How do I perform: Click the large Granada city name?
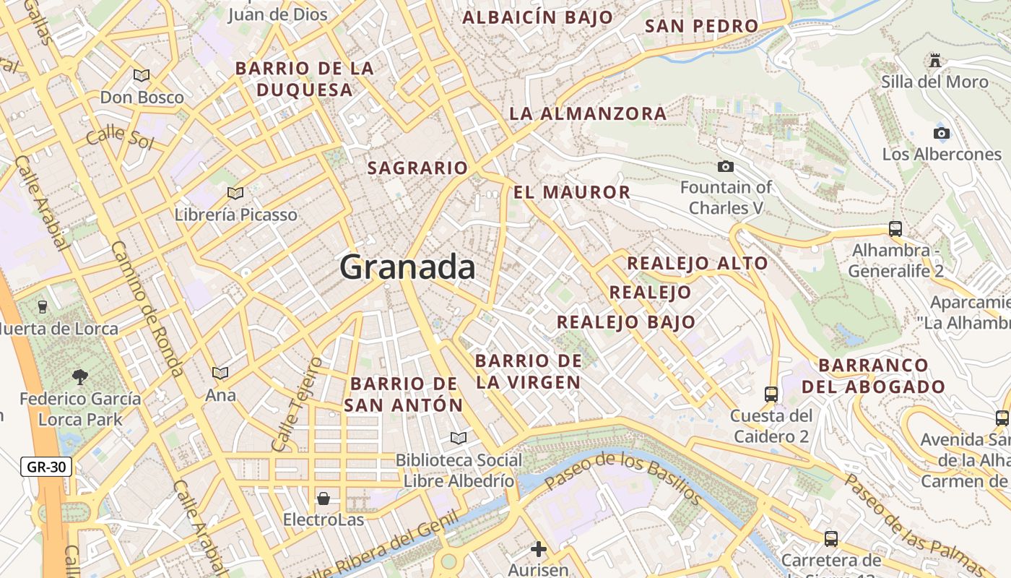click(407, 267)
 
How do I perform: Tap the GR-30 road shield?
click(46, 467)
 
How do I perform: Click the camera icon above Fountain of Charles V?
click(726, 167)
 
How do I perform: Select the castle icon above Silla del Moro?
click(935, 60)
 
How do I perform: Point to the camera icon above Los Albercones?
click(941, 133)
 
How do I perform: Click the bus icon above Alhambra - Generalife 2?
click(895, 229)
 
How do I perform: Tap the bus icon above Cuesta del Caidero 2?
click(771, 394)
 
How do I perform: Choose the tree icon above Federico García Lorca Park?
click(79, 376)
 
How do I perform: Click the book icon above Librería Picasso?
click(235, 193)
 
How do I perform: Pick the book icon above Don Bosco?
click(142, 75)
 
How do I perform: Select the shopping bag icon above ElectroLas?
click(323, 499)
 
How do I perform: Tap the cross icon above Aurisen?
click(538, 549)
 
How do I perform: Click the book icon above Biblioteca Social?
click(458, 438)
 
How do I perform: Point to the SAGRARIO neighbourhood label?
click(417, 168)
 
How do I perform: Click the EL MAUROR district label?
click(572, 193)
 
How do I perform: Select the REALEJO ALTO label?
click(697, 264)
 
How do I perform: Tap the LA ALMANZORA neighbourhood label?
click(588, 114)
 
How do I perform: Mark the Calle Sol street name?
click(120, 137)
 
